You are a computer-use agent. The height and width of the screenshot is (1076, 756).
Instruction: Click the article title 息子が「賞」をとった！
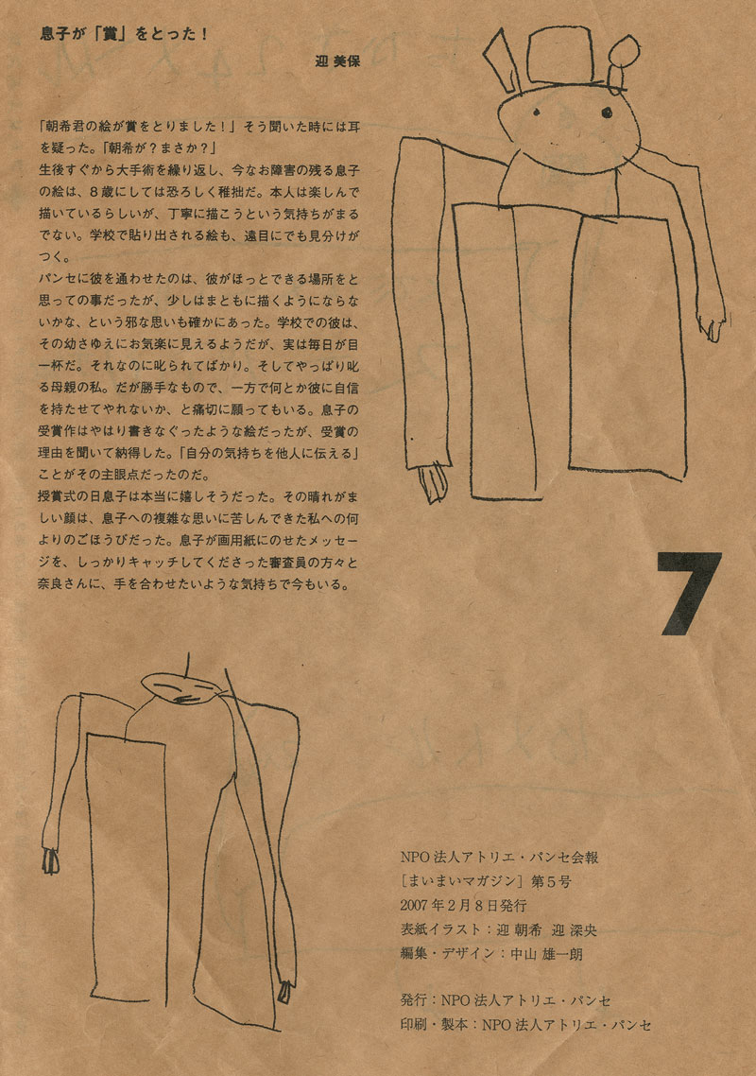[124, 34]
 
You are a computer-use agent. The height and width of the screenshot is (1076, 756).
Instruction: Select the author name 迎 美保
[336, 61]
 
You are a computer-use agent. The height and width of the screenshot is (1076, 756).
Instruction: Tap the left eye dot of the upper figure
[537, 112]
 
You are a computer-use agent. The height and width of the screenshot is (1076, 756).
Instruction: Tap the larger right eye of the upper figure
[607, 113]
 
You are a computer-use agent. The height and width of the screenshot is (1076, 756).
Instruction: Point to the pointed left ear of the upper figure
[503, 61]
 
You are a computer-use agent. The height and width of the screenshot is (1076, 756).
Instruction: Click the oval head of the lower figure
[180, 687]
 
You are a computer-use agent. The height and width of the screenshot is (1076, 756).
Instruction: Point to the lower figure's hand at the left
[50, 859]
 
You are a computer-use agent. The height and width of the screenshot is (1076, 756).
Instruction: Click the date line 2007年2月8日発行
[463, 906]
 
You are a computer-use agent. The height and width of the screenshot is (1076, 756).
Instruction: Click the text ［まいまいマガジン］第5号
[487, 882]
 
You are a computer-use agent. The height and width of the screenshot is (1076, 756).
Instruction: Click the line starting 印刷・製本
[525, 1025]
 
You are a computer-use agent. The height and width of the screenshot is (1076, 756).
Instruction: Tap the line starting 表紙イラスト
[499, 929]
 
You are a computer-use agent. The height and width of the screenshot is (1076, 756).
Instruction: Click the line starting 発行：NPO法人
[506, 1000]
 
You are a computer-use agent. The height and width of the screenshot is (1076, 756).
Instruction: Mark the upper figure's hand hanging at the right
[713, 324]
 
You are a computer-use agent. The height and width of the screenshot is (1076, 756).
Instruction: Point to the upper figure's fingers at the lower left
[433, 484]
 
